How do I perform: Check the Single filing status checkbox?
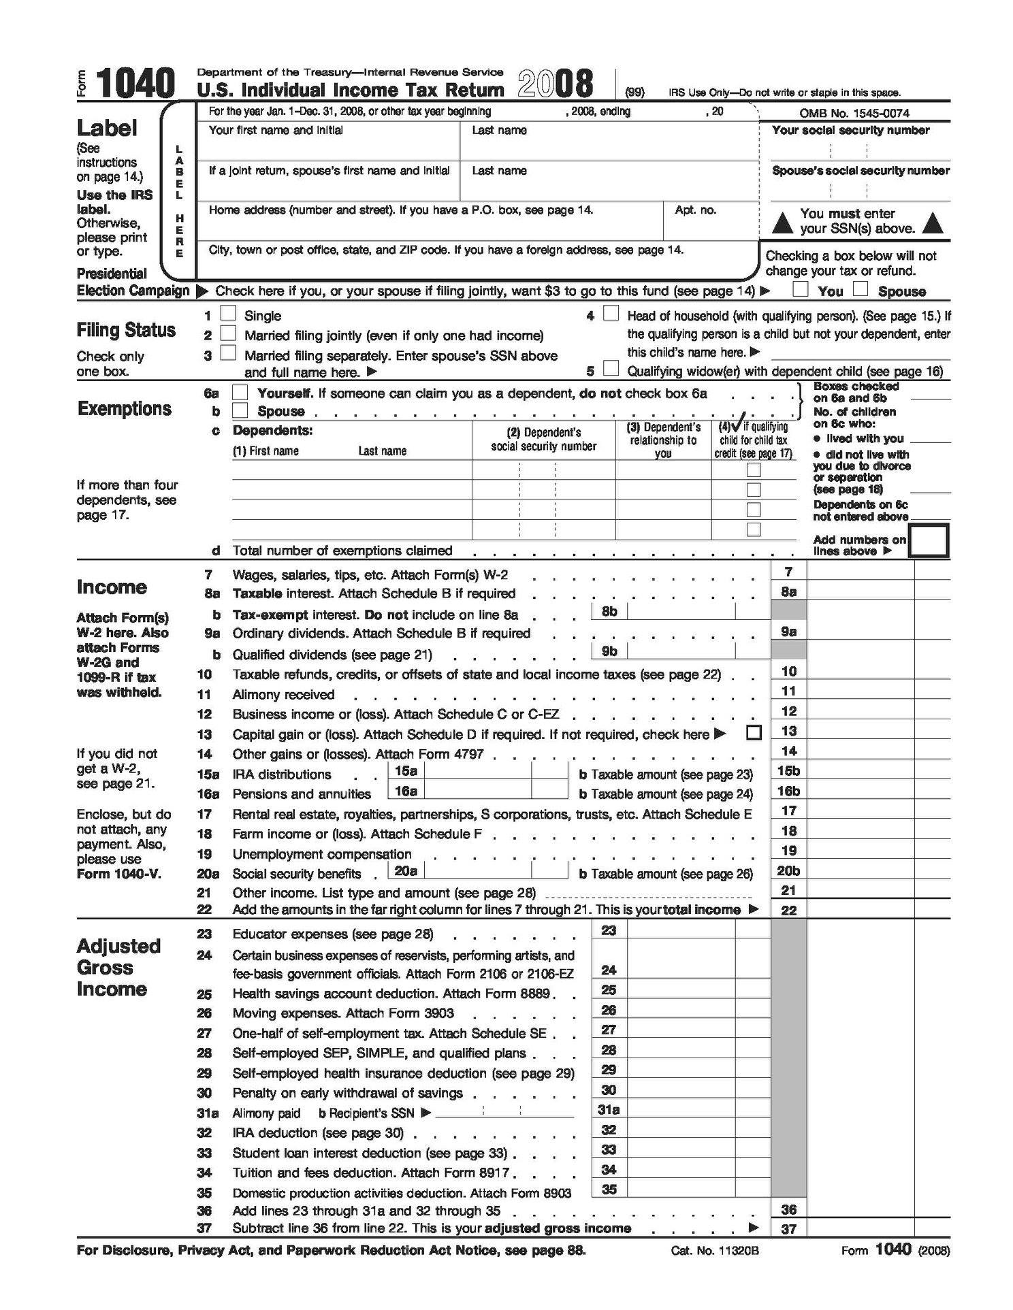click(229, 314)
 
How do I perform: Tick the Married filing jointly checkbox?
click(229, 333)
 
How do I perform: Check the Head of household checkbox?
click(611, 314)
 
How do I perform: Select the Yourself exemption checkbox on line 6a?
click(240, 393)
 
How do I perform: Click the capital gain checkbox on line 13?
click(753, 733)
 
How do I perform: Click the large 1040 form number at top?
click(135, 84)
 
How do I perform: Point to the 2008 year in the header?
click(556, 84)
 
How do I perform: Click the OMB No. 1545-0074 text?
click(854, 113)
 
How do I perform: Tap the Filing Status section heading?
click(126, 331)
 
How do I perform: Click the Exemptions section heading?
click(125, 409)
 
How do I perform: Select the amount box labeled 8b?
click(681, 611)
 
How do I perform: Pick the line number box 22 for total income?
click(788, 910)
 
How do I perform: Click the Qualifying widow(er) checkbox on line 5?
click(611, 370)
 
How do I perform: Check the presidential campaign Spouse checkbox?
click(861, 289)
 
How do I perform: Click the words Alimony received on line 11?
click(283, 695)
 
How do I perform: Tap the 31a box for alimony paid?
click(608, 1110)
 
